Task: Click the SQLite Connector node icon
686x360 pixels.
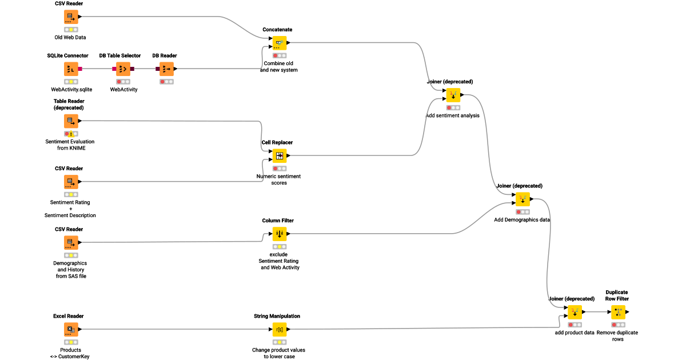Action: click(x=71, y=69)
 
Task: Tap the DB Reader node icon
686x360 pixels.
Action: click(x=166, y=69)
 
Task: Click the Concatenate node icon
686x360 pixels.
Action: click(x=280, y=43)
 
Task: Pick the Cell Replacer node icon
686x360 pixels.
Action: click(x=280, y=155)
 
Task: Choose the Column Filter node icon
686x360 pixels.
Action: click(x=280, y=233)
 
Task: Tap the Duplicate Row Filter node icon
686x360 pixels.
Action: click(x=618, y=312)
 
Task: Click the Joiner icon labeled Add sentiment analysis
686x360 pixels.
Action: click(x=453, y=95)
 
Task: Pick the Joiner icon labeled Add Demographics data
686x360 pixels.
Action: click(x=523, y=199)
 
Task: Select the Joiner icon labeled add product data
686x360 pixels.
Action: click(x=575, y=312)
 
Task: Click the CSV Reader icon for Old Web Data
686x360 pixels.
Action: click(x=71, y=17)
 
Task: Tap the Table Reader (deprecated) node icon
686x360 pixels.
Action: click(x=71, y=121)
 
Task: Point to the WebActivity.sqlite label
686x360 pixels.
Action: click(x=71, y=89)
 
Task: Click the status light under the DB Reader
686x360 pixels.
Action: click(x=166, y=82)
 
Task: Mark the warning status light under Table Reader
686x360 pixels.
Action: click(x=71, y=134)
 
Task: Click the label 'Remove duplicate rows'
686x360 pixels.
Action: click(x=617, y=335)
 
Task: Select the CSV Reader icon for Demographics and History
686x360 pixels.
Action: click(x=71, y=242)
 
